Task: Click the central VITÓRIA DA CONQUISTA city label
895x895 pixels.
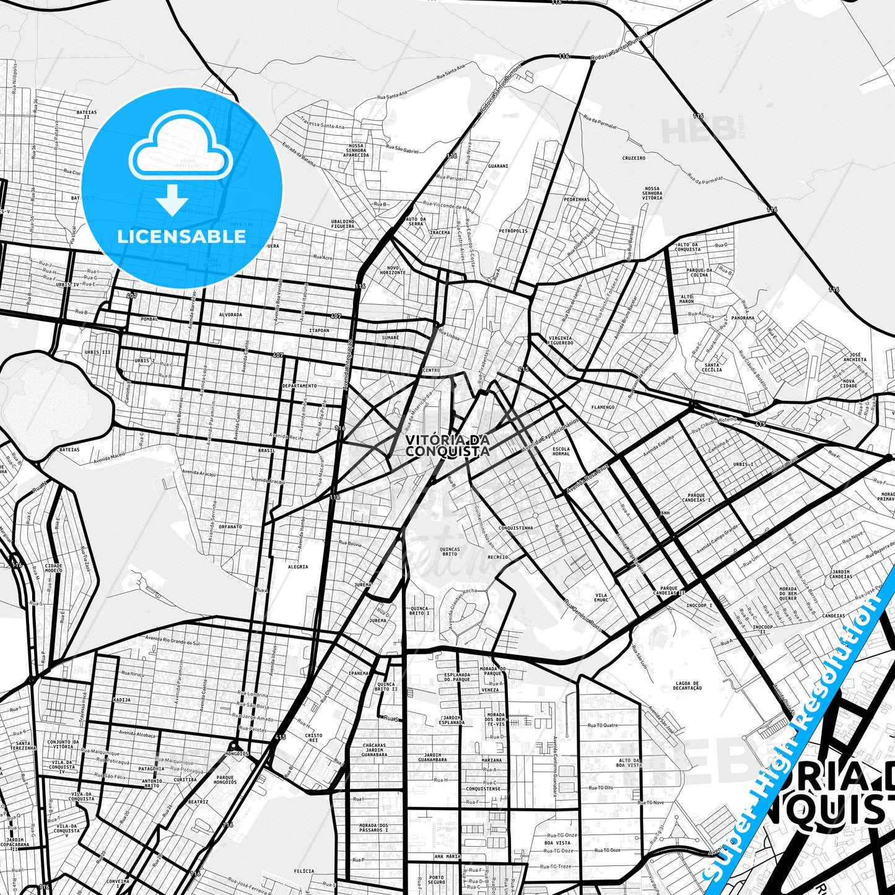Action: coord(447,445)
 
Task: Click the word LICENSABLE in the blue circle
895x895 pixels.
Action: coord(181,236)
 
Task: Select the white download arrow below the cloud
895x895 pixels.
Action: coord(172,201)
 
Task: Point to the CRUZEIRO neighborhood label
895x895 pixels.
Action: coord(634,158)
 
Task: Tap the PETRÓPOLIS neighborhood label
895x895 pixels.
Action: coord(513,231)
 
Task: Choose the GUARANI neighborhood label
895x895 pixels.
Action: coord(498,166)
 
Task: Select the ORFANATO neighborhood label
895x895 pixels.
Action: coord(230,526)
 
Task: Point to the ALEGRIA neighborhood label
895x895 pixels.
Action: coord(298,567)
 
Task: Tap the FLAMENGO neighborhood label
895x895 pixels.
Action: coord(603,407)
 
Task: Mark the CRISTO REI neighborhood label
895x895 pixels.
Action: coord(313,738)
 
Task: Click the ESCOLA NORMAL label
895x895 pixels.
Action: coord(561,451)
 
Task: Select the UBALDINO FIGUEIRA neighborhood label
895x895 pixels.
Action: coord(343,224)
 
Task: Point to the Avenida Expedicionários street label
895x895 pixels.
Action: coord(550,433)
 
